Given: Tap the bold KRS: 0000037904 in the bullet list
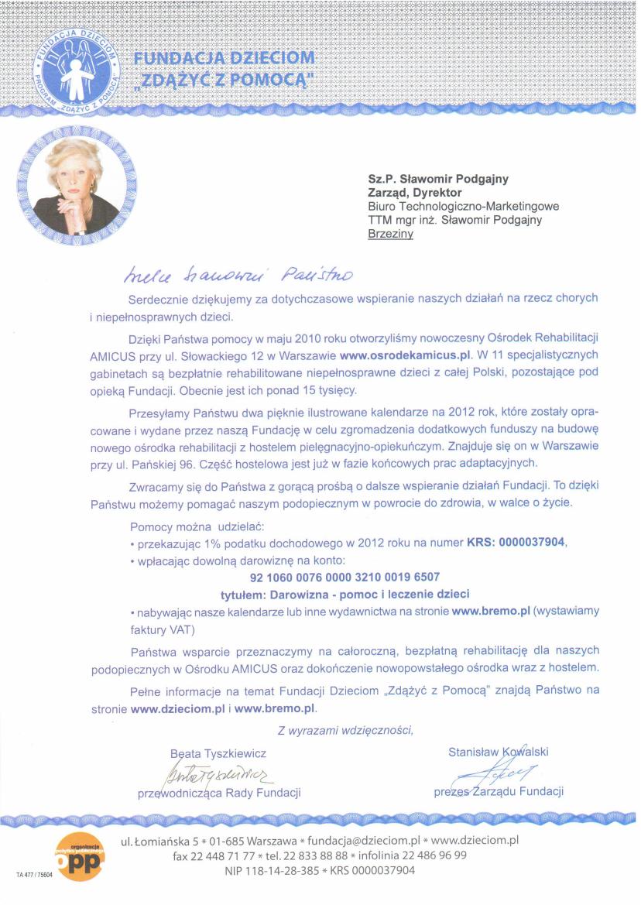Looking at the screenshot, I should tap(517, 543).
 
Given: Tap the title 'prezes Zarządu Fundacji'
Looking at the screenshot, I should tap(499, 790).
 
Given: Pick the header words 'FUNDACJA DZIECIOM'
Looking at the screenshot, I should tap(225, 59).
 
